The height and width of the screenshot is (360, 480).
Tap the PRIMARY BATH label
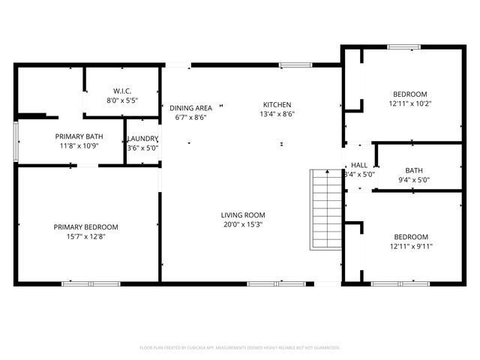79,136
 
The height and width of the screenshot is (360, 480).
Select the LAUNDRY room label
142,139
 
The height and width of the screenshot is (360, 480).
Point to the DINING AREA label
190,108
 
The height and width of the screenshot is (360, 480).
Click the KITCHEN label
277,105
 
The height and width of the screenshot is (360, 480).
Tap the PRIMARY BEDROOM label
85,227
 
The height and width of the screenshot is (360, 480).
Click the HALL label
360,165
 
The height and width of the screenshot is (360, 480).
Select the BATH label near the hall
413,170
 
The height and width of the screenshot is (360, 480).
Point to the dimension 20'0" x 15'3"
241,223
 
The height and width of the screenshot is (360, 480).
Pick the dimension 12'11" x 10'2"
410,104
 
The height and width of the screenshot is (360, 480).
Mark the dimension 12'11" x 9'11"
411,246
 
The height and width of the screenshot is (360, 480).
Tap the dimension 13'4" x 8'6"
277,115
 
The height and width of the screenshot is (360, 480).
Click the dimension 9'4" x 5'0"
413,179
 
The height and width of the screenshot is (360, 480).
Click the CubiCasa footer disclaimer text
240,348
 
